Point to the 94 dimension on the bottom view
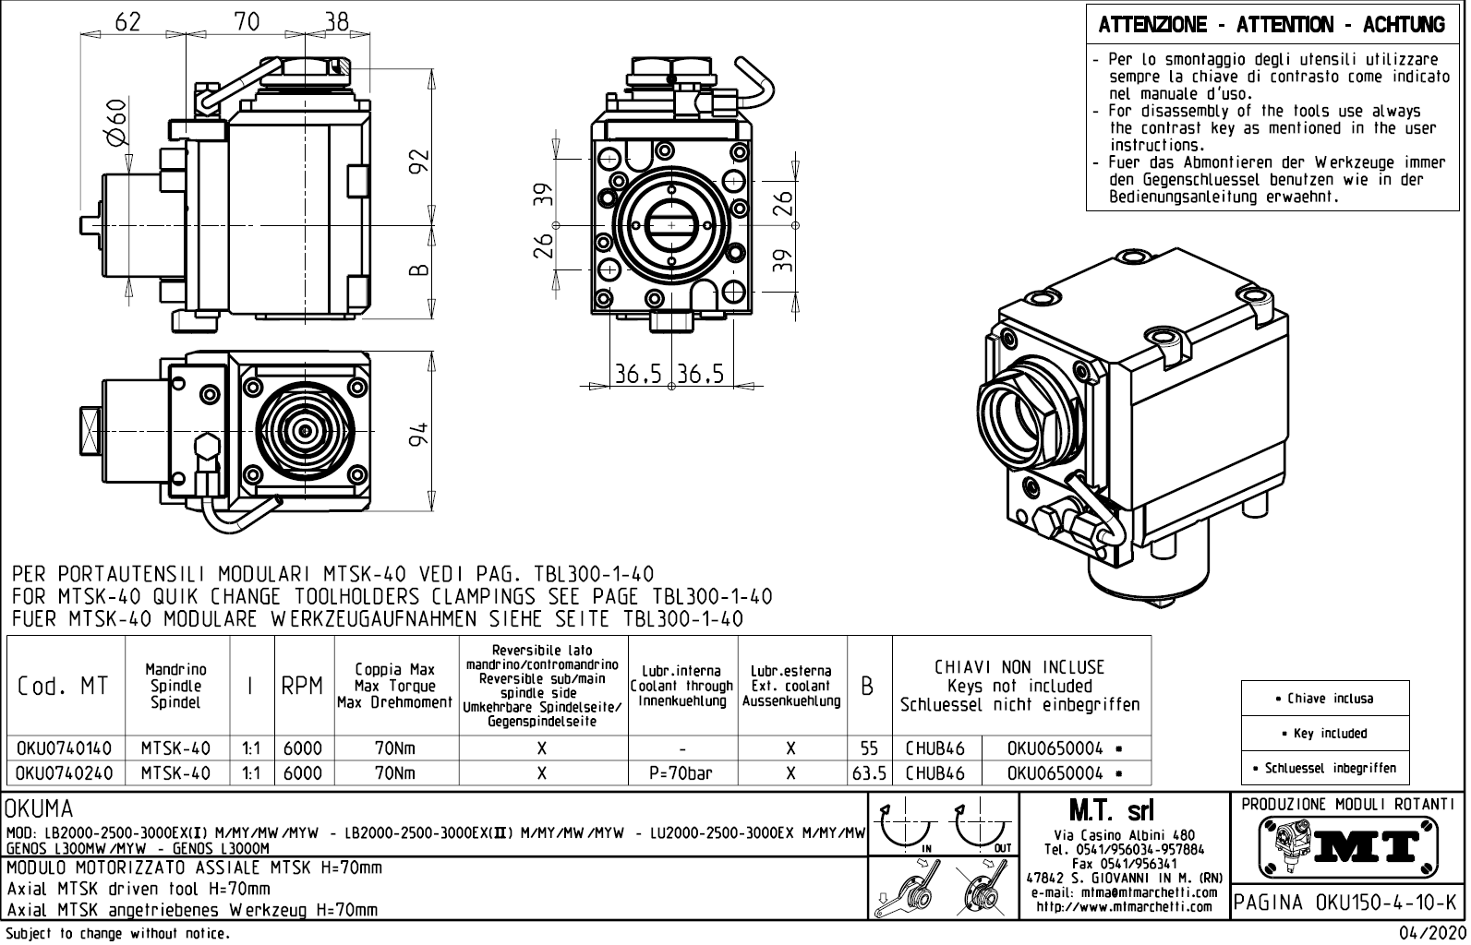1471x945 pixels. pyautogui.click(x=420, y=434)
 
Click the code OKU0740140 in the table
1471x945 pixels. pyautogui.click(x=65, y=748)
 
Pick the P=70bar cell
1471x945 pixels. pyautogui.click(x=681, y=773)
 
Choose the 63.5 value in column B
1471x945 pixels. pyautogui.click(x=869, y=773)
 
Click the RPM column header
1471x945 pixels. pyautogui.click(x=302, y=687)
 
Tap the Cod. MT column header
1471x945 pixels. pyautogui.click(x=63, y=687)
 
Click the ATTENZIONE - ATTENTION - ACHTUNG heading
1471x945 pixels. pyautogui.click(x=1272, y=25)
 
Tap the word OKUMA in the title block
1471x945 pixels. pyautogui.click(x=40, y=810)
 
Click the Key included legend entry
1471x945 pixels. pyautogui.click(x=1324, y=734)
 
